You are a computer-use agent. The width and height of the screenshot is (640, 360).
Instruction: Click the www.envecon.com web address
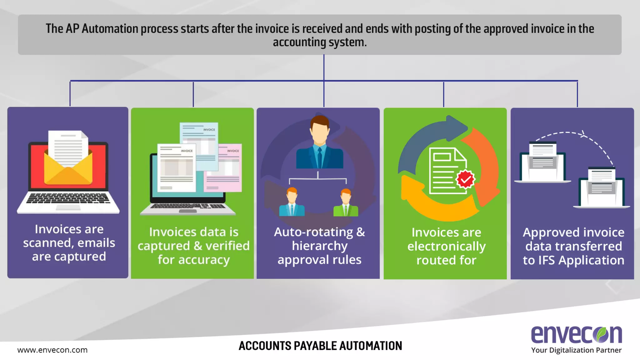[52, 350]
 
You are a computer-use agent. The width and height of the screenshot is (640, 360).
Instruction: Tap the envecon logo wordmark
[576, 334]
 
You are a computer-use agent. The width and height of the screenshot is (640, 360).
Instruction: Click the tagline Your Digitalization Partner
[576, 350]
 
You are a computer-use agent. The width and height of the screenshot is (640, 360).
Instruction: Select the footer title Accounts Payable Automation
[320, 346]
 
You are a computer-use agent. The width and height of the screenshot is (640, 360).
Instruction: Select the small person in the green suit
[346, 203]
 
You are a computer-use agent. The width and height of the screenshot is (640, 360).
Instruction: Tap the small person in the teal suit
[292, 203]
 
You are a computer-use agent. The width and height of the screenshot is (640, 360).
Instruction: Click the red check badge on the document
[465, 179]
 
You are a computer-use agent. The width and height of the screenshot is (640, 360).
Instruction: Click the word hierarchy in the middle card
[319, 246]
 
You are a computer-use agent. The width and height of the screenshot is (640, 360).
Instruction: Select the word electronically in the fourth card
[446, 247]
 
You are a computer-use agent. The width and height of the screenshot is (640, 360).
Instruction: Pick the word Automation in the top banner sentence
[110, 29]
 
